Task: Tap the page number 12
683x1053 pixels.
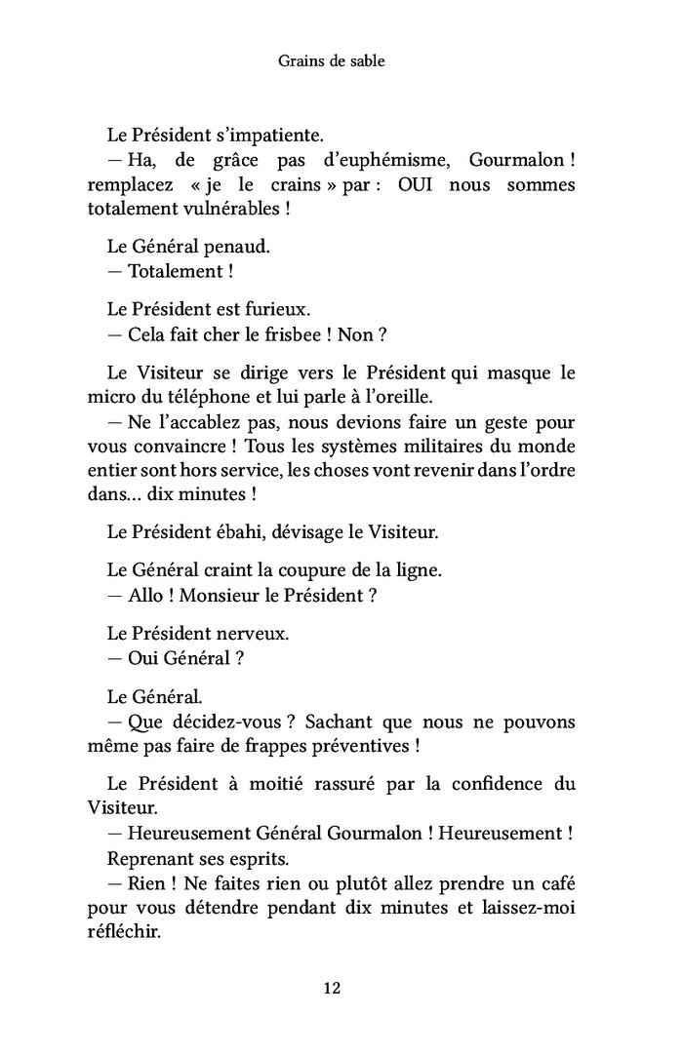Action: click(x=332, y=988)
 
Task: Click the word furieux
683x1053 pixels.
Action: click(x=275, y=309)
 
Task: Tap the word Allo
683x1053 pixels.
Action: click(x=145, y=595)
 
